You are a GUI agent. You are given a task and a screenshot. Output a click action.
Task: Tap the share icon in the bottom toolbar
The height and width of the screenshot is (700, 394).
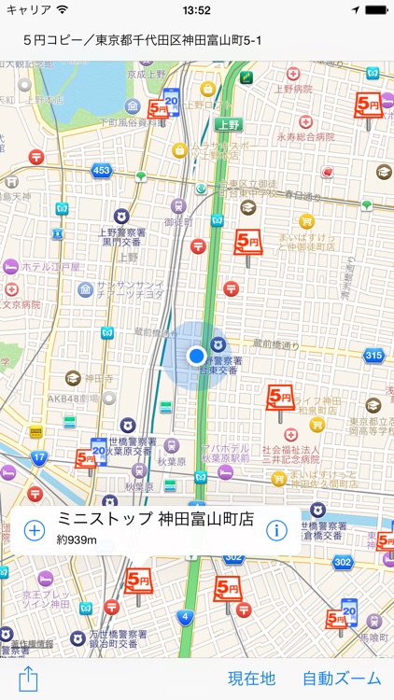point(27,679)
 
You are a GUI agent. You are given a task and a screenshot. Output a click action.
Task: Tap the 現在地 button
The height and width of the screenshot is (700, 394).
point(252,679)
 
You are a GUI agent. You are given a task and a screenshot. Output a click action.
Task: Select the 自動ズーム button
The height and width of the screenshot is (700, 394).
point(342,679)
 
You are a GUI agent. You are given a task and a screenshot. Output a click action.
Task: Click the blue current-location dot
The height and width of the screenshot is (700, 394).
point(196,356)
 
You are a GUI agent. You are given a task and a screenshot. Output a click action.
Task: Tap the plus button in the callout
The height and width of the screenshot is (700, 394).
point(34,530)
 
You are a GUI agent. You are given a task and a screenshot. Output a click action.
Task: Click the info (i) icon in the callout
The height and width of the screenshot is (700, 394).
point(275,530)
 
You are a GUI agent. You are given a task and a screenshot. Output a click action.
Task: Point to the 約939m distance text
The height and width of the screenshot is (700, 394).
point(77,539)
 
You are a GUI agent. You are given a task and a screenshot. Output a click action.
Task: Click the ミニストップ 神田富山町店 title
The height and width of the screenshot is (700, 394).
point(155,519)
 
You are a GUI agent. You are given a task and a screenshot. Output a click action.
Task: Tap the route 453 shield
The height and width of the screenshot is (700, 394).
point(101,171)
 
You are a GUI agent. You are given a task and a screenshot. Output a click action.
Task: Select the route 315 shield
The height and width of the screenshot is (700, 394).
point(373,356)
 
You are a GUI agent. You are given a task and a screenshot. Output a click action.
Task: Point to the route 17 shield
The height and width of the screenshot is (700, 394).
point(38,458)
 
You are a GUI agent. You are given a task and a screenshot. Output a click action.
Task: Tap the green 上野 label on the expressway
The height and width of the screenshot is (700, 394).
point(226,123)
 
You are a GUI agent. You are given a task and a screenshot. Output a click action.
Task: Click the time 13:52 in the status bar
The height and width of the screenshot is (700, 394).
point(196,10)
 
